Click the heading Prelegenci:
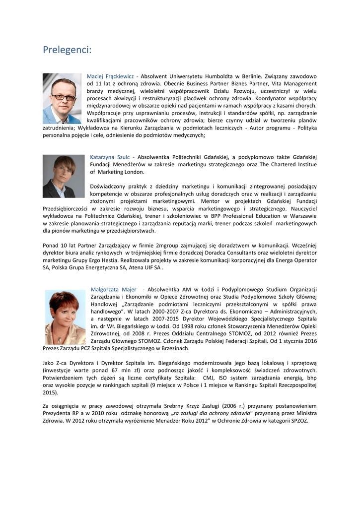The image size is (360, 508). [x=67, y=50]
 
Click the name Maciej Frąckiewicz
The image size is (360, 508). [x=110, y=77]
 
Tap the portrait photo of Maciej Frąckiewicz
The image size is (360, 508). [x=62, y=98]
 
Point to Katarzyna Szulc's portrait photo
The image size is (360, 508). [x=64, y=176]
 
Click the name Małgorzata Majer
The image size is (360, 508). [x=113, y=290]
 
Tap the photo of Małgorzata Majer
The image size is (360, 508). [x=65, y=317]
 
